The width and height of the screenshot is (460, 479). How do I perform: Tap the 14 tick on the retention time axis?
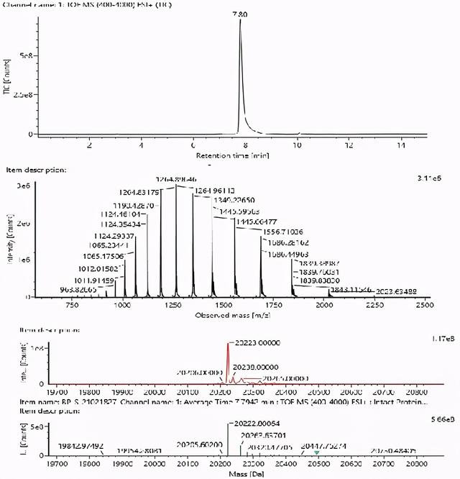[x=400, y=145]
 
